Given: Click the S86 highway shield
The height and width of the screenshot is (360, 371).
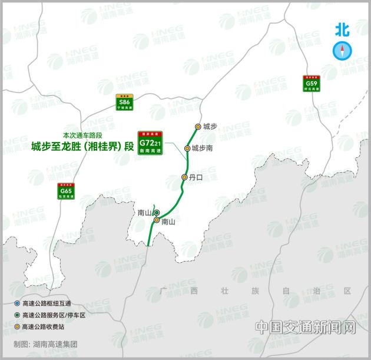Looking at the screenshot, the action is (x=124, y=103).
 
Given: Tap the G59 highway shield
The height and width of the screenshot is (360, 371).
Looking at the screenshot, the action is (x=312, y=82).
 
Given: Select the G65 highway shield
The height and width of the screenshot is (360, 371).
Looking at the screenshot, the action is (x=65, y=190).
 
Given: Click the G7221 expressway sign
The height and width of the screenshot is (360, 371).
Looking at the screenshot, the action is (x=150, y=143).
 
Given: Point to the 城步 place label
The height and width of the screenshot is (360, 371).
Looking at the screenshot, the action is (x=210, y=126).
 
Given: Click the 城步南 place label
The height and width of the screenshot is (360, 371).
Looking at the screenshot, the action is (x=202, y=148).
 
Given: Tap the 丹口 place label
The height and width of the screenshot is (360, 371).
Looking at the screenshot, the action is (x=196, y=177).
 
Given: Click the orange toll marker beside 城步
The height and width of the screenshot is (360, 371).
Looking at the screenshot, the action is (x=198, y=126).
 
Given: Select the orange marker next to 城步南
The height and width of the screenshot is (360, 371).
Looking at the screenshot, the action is (x=188, y=148).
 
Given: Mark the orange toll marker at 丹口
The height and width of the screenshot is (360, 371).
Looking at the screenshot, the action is (x=184, y=177).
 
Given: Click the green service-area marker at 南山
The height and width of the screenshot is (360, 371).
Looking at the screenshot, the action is (x=157, y=213).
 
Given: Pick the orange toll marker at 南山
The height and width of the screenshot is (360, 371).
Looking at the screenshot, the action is (x=157, y=220).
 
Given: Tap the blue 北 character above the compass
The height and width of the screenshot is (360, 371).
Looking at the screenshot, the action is (x=342, y=29).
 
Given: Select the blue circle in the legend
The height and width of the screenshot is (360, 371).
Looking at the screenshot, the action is (x=16, y=303).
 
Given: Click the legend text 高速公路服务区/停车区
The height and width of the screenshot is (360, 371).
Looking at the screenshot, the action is (x=54, y=315).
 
